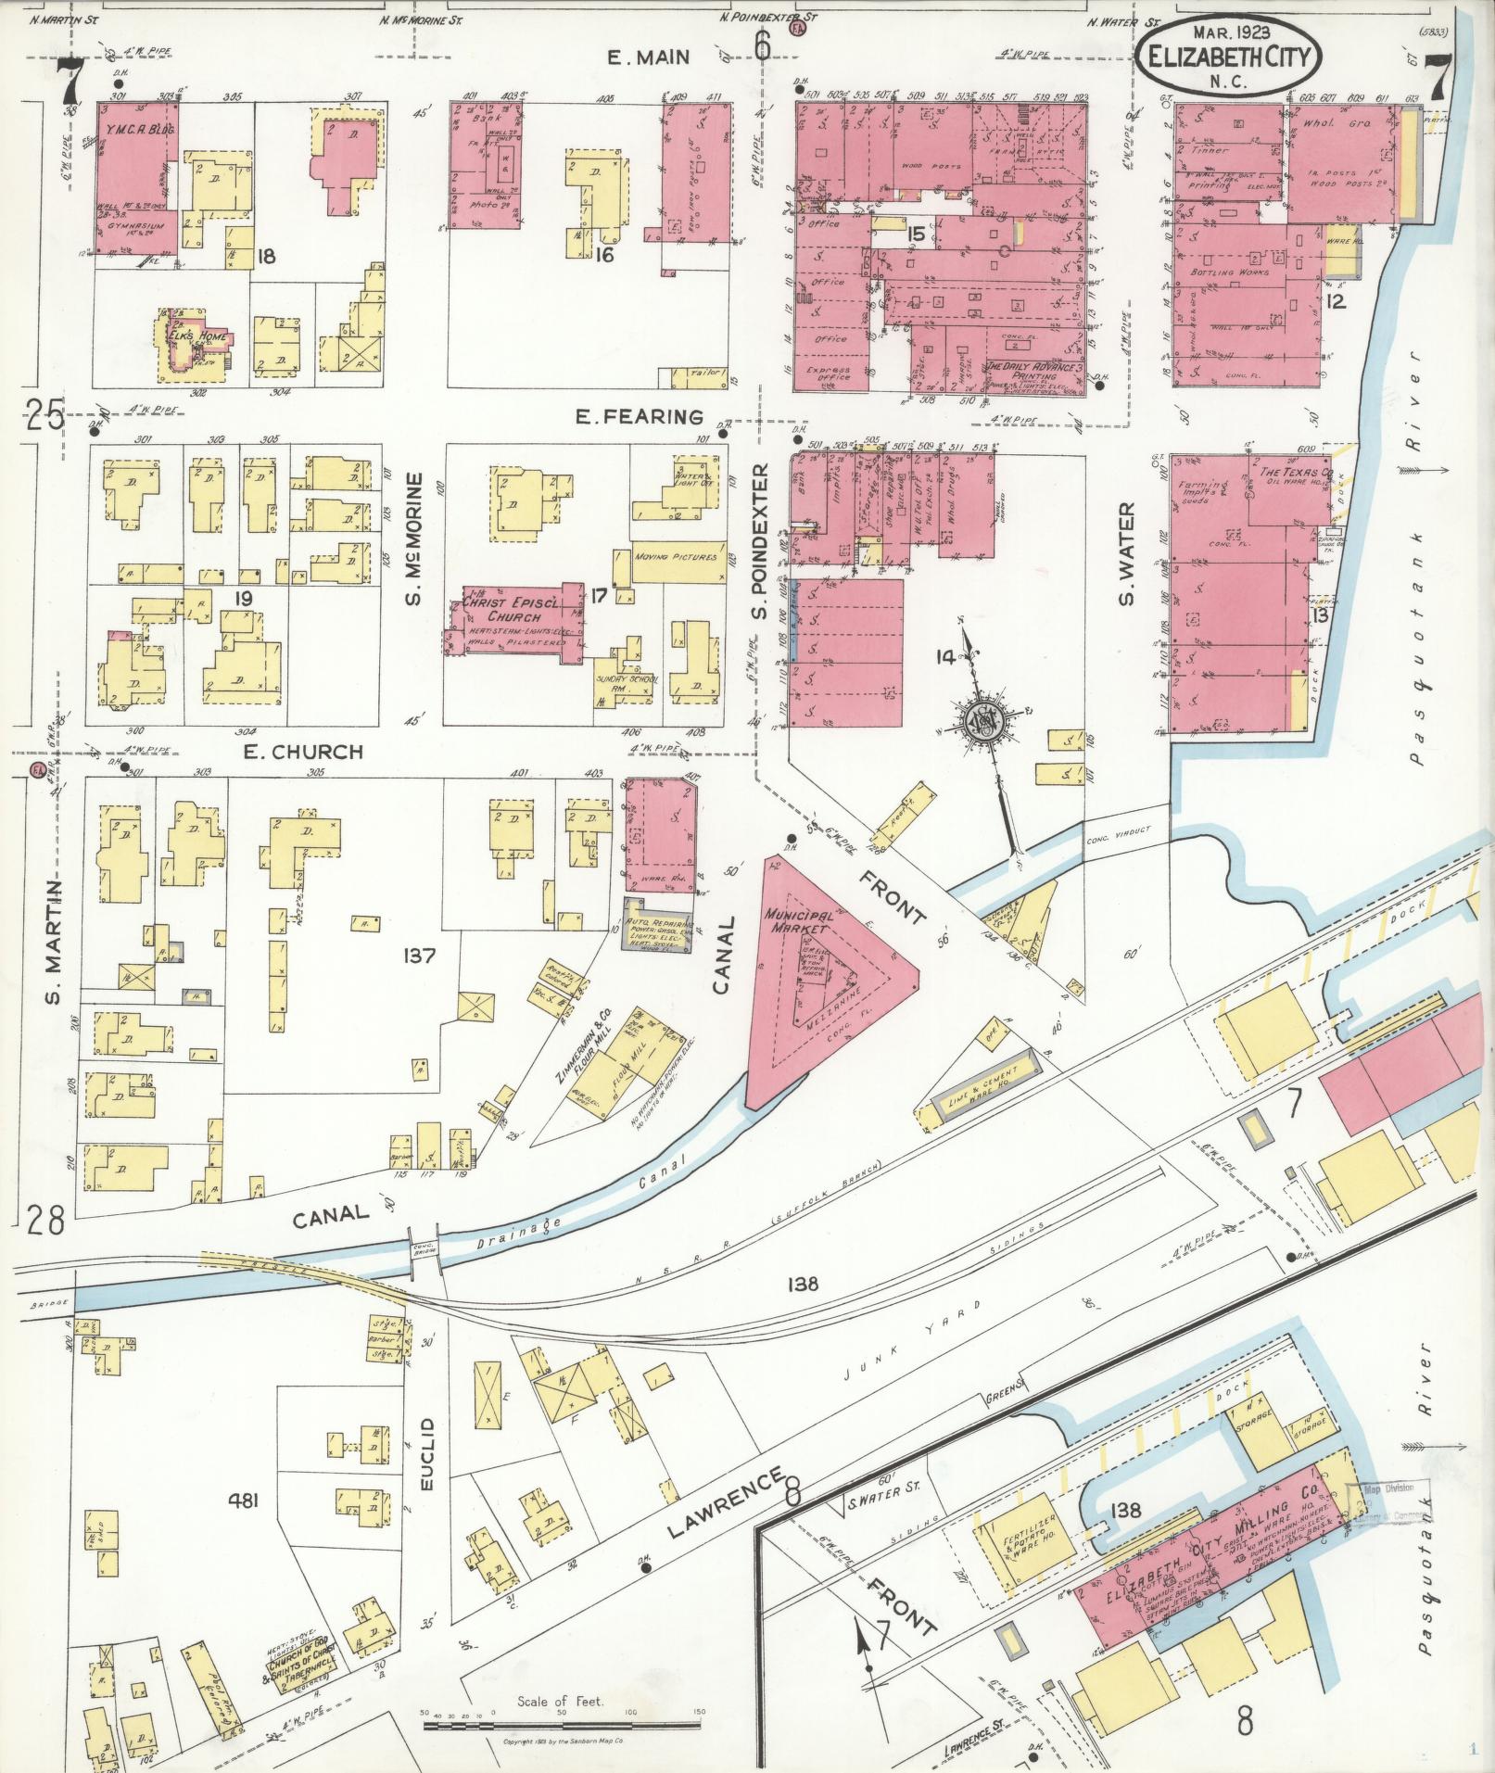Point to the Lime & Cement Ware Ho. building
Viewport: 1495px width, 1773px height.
pyautogui.click(x=983, y=1082)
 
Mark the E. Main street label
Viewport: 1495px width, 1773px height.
pyautogui.click(x=648, y=57)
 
